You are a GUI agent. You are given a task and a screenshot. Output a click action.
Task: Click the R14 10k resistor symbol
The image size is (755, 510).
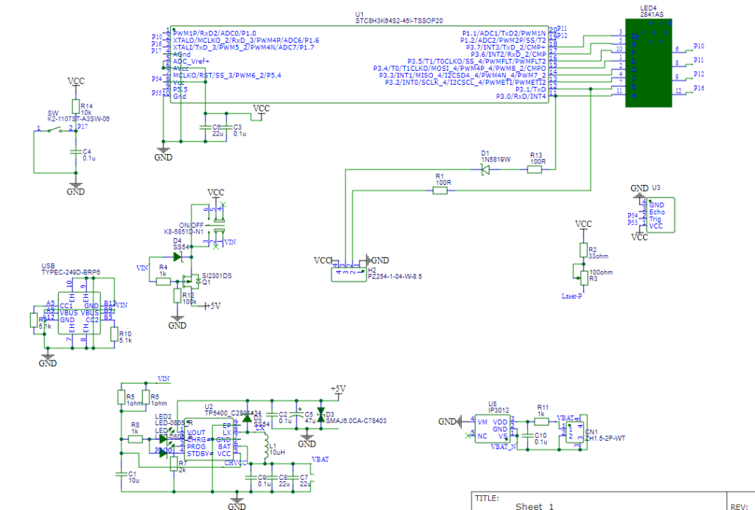tap(74, 106)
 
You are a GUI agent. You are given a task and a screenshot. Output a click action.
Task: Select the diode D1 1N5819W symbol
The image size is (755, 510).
tap(485, 170)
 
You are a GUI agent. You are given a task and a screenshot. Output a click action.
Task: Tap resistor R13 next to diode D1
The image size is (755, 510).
tap(535, 170)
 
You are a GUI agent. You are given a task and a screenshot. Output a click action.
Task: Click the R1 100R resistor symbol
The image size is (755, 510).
tap(440, 190)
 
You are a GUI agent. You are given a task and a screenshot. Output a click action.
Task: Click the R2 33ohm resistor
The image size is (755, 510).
tap(583, 250)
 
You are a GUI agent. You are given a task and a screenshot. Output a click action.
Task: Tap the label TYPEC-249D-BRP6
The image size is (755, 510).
tap(71, 271)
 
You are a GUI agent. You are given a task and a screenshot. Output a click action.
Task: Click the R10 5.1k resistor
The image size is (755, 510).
tap(114, 336)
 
